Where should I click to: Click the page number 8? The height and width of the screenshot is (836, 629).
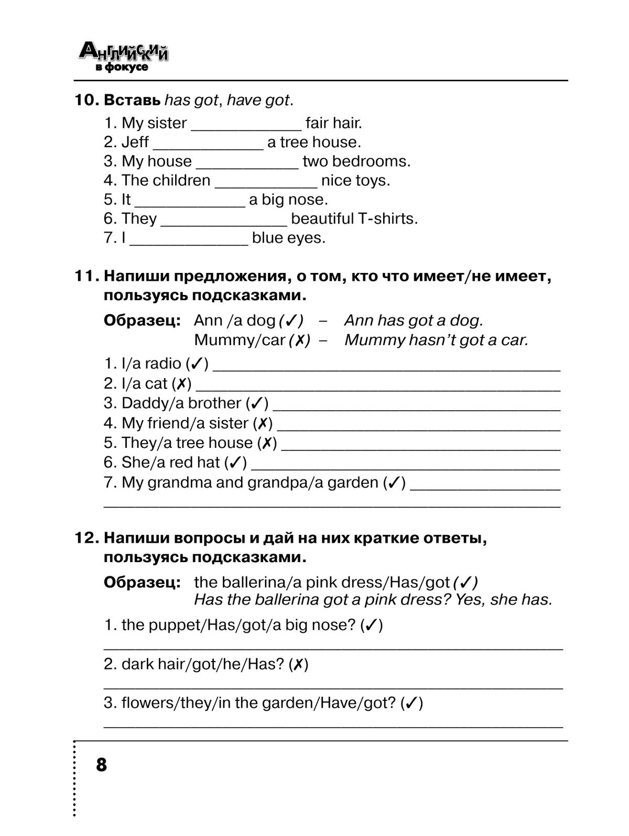(101, 765)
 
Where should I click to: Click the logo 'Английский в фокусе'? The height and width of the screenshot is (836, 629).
(124, 57)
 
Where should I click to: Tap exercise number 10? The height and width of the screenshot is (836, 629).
(87, 100)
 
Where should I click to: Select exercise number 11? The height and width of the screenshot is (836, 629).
(87, 276)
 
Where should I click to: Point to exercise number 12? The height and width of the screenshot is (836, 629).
(87, 538)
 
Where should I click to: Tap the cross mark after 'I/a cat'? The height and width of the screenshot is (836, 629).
(181, 383)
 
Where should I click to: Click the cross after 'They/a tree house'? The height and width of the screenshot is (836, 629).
(267, 443)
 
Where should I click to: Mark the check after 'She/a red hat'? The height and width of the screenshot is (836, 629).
(235, 463)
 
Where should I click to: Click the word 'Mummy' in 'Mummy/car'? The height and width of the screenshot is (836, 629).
(218, 340)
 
